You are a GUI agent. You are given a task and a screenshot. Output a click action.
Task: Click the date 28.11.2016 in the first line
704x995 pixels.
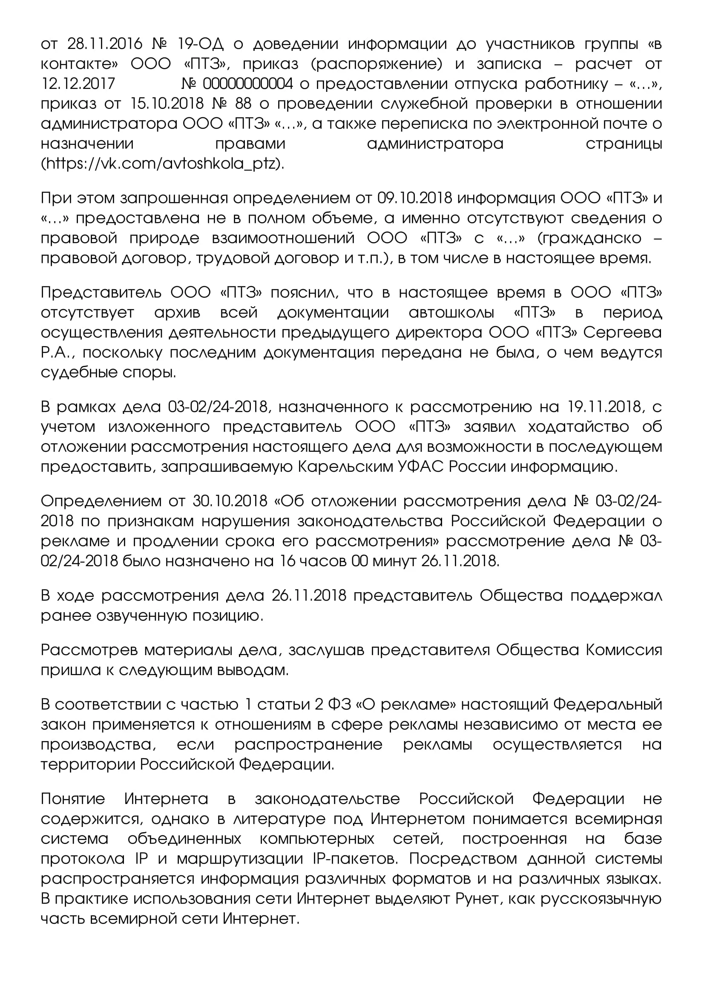[105, 44]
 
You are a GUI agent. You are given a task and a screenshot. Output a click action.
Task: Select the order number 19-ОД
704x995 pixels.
[201, 44]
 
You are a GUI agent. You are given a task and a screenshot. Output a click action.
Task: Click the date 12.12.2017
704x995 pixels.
[78, 84]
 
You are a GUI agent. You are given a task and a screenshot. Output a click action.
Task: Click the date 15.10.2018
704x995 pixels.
[167, 103]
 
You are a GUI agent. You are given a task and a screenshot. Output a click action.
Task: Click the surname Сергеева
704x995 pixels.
[623, 332]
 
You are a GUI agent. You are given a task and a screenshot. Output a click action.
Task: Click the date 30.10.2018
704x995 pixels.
[230, 501]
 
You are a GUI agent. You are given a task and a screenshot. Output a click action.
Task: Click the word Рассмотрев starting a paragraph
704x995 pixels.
[89, 650]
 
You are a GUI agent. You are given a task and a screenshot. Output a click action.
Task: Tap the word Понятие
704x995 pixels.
[73, 799]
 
